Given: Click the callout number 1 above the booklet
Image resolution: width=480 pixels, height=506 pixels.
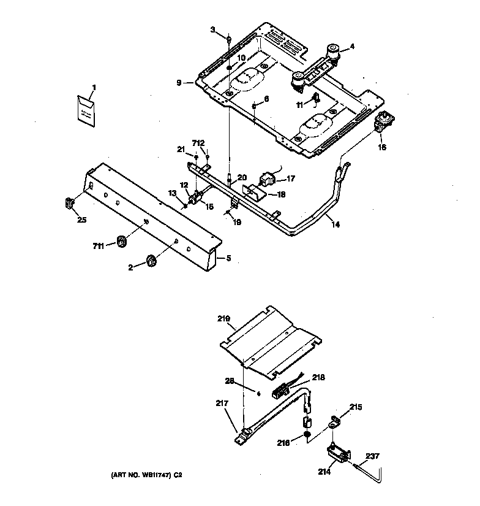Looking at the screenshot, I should pos(94,88).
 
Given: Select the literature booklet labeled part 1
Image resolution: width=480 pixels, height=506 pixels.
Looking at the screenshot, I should pos(86,111).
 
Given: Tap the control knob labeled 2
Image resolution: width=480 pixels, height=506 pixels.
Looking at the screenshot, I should pos(151,262).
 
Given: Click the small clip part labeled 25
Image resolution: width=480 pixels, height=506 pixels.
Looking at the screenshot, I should pos(69,202).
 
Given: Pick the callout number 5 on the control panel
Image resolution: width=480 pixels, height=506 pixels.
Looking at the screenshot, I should pos(229,258).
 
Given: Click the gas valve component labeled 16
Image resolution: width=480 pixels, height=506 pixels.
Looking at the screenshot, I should pos(386,123).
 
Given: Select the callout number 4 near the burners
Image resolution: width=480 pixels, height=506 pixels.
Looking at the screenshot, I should pos(351,47).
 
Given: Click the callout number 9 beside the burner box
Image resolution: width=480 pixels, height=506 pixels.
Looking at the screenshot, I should pos(179,83).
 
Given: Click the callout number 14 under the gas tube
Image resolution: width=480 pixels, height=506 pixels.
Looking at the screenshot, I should pos(336,224).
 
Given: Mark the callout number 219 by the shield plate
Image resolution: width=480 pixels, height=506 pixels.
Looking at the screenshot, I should pos(223,319).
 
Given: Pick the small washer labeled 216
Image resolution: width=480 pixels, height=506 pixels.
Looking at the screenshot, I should pos(307,436).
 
